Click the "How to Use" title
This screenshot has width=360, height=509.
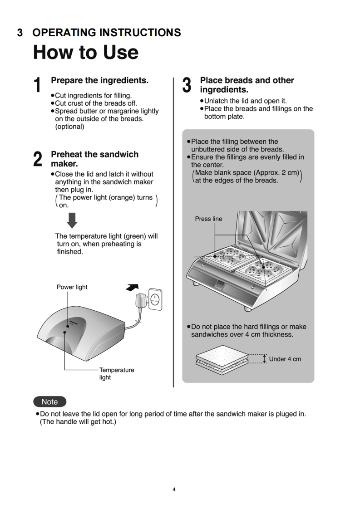[85, 52]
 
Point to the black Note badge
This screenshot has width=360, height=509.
[49, 401]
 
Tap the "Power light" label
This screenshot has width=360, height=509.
[72, 287]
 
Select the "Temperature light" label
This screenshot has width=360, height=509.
[117, 373]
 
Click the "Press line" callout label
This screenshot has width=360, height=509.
[208, 219]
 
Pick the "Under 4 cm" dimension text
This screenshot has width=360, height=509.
[285, 359]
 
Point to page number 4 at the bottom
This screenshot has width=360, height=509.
[174, 489]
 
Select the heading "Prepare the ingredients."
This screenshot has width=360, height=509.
[99, 80]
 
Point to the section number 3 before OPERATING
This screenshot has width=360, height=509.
[20, 33]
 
